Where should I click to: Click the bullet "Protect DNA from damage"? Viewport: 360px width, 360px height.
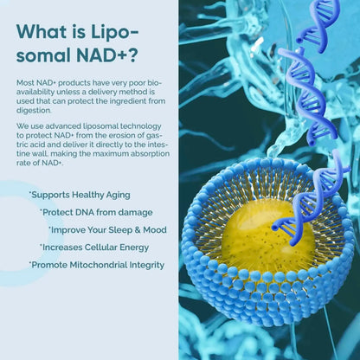point(95,212)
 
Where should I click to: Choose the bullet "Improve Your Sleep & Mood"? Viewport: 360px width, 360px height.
point(107,229)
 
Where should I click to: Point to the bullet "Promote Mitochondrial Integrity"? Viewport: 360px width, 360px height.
point(97,264)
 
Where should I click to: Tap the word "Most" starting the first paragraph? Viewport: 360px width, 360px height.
point(25,81)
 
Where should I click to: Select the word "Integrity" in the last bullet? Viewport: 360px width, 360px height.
point(147,264)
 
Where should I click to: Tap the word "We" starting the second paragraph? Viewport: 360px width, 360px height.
point(22,125)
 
